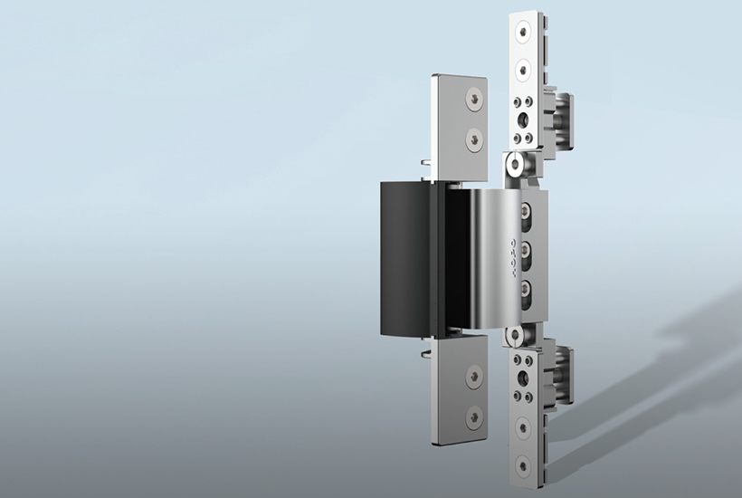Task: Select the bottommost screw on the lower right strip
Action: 522,464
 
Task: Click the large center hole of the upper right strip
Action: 523,120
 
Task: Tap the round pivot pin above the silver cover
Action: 513,166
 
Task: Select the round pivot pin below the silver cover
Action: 513,335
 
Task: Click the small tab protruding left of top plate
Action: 425,164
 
